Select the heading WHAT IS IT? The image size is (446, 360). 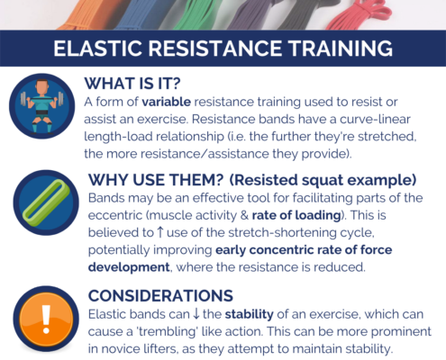[x=132, y=84]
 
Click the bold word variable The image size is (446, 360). [x=167, y=102]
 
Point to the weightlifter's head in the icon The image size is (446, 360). [x=42, y=87]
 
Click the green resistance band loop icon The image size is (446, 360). [x=46, y=200]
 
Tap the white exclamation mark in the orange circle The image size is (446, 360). [x=46, y=319]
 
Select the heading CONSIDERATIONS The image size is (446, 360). [x=160, y=296]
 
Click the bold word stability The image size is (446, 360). [x=250, y=314]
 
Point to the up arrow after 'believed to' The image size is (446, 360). [x=160, y=232]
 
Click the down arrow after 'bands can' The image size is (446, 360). [x=196, y=314]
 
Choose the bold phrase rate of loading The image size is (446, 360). [x=296, y=215]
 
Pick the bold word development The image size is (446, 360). [x=129, y=267]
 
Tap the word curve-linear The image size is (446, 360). [x=375, y=120]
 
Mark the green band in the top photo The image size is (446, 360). [x=192, y=15]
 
